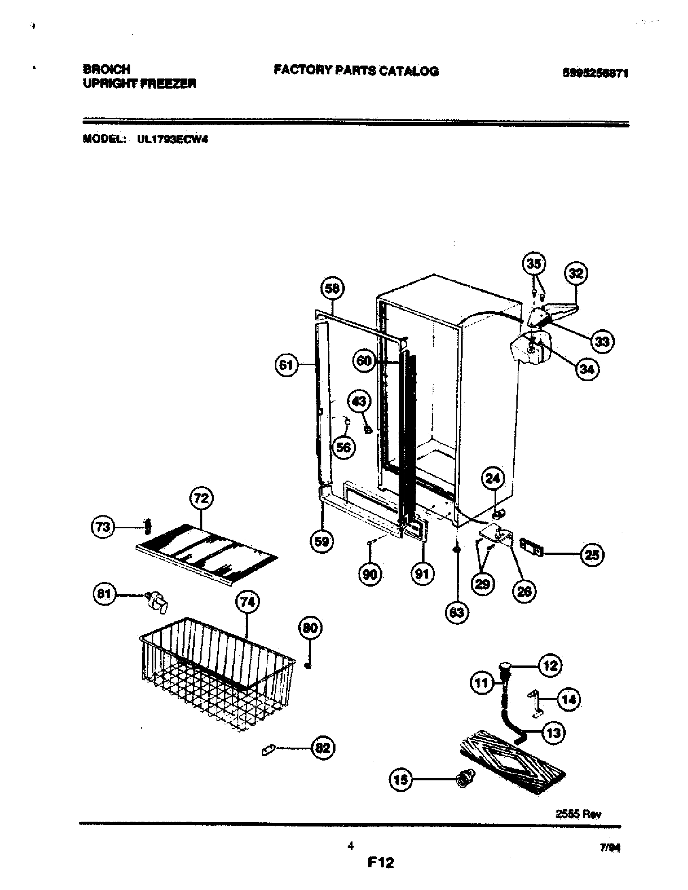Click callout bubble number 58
pos(333,288)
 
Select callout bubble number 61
pos(287,365)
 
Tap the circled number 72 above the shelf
pos(202,498)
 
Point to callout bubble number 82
pos(323,748)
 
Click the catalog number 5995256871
pos(595,73)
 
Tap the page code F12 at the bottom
pos(380,863)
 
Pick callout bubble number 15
pos(401,780)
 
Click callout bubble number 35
pos(534,264)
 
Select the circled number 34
pos(587,369)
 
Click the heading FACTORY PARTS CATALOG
pos(356,71)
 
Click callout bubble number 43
pos(359,402)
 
